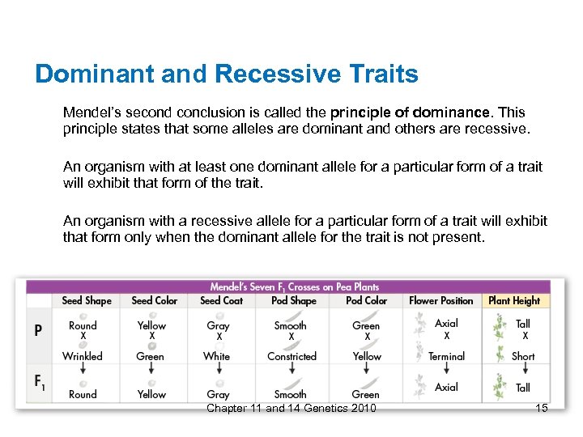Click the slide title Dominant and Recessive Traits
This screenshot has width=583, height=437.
[227, 74]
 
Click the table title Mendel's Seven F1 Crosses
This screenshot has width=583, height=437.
[294, 286]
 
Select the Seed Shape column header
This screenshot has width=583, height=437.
[87, 300]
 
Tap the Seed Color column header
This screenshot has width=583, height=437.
[154, 300]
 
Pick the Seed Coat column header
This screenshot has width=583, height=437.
[221, 300]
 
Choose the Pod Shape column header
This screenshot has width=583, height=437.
[291, 300]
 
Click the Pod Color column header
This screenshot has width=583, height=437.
[366, 300]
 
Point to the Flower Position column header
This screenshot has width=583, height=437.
[441, 300]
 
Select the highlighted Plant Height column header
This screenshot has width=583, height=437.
[514, 300]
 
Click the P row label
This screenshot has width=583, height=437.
[38, 331]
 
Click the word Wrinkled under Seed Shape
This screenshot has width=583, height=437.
[83, 356]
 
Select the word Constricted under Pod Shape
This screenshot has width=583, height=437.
[291, 356]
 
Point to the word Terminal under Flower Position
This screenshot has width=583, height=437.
[446, 356]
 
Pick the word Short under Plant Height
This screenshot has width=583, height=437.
[523, 356]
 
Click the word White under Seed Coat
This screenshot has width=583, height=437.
[217, 356]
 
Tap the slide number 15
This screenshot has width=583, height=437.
[542, 408]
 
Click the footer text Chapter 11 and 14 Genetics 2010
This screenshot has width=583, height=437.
[291, 408]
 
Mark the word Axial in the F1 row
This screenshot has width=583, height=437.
[446, 387]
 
